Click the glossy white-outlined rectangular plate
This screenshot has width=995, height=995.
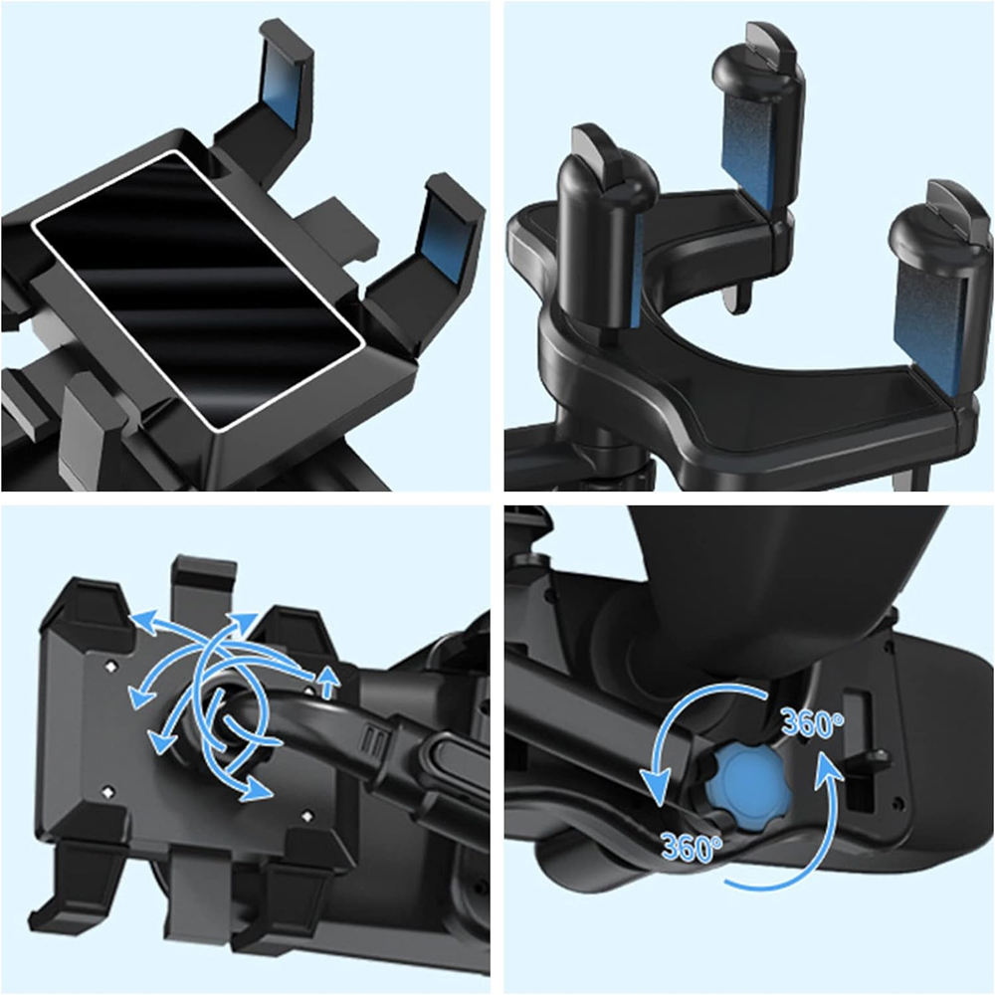click(198, 289)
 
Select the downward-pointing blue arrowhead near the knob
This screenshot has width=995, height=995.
click(656, 788)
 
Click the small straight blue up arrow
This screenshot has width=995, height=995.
click(328, 683)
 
